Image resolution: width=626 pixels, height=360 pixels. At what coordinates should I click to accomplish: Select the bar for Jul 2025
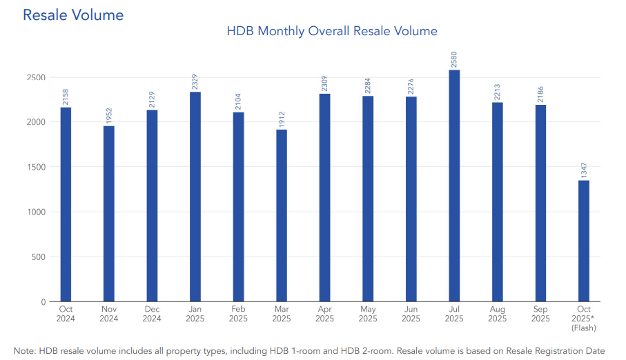point(454,186)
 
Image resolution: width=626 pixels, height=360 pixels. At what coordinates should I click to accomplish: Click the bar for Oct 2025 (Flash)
point(583,241)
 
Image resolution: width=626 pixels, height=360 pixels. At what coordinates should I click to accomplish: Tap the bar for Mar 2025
point(282,216)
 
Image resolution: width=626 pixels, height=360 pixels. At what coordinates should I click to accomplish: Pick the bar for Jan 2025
point(195,197)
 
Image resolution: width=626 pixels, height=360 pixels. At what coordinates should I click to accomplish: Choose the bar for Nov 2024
point(109,214)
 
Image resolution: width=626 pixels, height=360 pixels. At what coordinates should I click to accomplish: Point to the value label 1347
point(583,169)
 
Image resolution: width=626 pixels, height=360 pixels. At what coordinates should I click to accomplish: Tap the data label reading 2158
point(66,97)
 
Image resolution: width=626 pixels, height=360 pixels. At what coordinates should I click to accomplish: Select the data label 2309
point(324,83)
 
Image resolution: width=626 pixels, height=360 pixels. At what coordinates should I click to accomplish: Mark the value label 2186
point(540,94)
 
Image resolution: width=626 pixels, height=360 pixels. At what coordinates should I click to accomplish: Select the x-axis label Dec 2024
point(152,314)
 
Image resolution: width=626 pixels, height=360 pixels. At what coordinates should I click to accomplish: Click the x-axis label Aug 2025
point(497,314)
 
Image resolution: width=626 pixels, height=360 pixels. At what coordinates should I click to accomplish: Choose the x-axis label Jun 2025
point(411,314)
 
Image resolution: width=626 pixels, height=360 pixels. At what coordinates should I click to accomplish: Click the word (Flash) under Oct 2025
point(583,328)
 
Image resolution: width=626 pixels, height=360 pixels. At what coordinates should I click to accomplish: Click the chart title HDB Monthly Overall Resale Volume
point(332,31)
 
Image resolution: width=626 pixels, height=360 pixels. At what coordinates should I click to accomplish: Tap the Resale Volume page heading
point(73,14)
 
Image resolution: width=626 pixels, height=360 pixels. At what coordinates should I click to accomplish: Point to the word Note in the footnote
point(24,350)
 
